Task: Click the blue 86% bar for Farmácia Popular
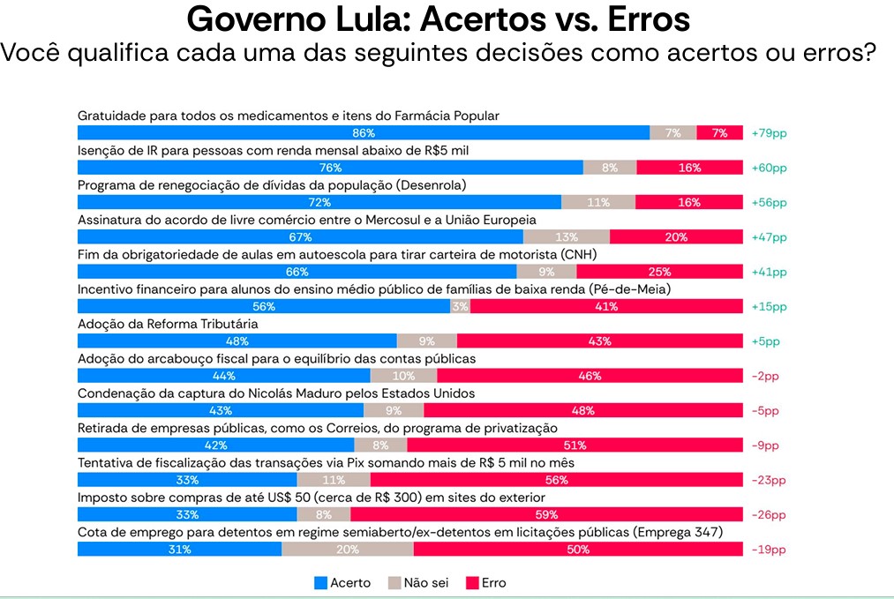pos(364,133)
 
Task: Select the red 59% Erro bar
pos(547,515)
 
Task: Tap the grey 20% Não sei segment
pos(347,550)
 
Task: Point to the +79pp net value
pos(769,133)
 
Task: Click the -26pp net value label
pos(769,515)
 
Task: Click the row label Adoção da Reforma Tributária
pos(168,325)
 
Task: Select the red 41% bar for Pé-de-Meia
pos(605,307)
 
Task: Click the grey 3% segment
pos(460,307)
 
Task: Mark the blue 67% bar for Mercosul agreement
pos(300,237)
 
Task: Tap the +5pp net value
pos(766,341)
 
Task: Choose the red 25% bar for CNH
pos(658,272)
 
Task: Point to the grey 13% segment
pos(567,237)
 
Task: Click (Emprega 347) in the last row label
pos(680,532)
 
